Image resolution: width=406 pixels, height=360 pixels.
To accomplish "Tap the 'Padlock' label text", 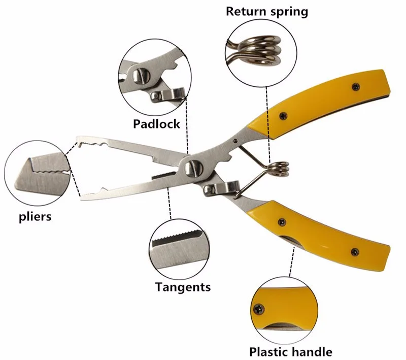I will pyautogui.click(x=156, y=123).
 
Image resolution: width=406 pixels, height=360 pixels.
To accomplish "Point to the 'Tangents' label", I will pyautogui.click(x=183, y=287).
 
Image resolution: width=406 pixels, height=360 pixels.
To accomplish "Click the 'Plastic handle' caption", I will pyautogui.click(x=291, y=351).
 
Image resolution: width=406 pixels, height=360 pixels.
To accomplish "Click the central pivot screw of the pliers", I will pyautogui.click(x=193, y=166).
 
